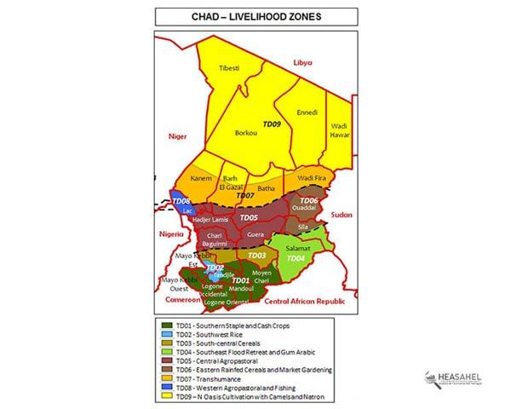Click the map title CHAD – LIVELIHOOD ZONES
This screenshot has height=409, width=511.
click(255, 16)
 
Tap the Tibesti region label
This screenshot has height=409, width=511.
click(229, 67)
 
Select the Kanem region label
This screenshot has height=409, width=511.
click(201, 178)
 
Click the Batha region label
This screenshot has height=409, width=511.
click(267, 187)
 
